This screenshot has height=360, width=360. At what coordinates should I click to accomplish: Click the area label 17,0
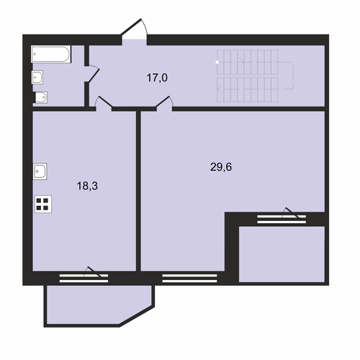click(x=157, y=78)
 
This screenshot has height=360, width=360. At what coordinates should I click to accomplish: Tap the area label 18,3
click(x=87, y=186)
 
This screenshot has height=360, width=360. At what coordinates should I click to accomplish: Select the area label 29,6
click(x=221, y=167)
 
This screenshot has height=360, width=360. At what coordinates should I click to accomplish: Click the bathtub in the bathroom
click(x=51, y=54)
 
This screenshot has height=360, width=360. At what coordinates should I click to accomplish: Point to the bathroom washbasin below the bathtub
click(x=37, y=77)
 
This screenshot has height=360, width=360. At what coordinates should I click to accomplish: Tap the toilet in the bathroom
click(x=41, y=97)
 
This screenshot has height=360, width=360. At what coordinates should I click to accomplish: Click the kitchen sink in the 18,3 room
click(x=40, y=171)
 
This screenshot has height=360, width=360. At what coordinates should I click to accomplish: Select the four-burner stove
click(x=43, y=204)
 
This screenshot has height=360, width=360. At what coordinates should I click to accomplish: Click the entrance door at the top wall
click(x=135, y=31)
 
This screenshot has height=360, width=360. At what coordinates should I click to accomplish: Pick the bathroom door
click(x=91, y=73)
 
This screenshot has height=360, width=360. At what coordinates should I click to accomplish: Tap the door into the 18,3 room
click(x=104, y=104)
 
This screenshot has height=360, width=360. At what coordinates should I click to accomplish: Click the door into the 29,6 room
click(x=165, y=104)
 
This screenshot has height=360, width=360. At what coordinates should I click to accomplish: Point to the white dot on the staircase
click(x=217, y=62)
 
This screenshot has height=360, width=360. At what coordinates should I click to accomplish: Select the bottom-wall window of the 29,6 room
click(x=189, y=278)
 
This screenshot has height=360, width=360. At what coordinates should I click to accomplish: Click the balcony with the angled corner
click(x=99, y=306)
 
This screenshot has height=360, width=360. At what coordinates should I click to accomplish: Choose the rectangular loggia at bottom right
click(x=282, y=254)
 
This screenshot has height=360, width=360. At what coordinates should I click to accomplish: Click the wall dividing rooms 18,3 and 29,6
click(x=138, y=191)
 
